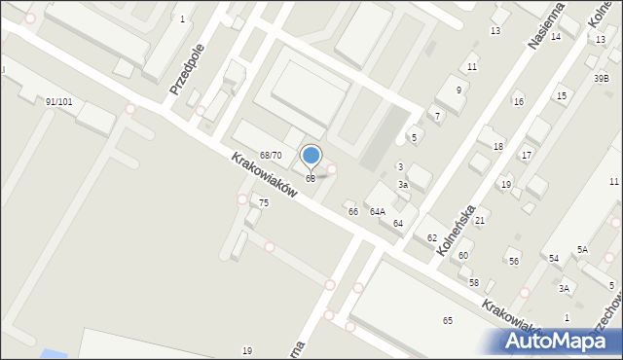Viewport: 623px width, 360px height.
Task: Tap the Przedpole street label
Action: (186, 68)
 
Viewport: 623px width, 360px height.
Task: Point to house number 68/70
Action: (271, 156)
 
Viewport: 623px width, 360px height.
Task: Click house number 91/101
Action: (58, 101)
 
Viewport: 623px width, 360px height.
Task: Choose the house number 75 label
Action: (264, 202)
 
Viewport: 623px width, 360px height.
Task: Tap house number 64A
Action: (377, 211)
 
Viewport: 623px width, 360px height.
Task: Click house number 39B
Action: (602, 79)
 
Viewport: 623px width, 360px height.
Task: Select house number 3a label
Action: (402, 185)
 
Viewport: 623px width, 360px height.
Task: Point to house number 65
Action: (448, 321)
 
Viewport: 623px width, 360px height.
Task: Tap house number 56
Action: (514, 262)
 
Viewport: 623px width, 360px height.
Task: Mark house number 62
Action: (431, 238)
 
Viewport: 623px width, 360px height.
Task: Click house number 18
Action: (498, 146)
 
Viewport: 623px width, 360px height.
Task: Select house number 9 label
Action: (458, 90)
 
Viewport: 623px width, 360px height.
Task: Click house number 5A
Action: (582, 250)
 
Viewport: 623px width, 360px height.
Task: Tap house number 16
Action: (519, 102)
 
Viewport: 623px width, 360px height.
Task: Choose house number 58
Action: (474, 283)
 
